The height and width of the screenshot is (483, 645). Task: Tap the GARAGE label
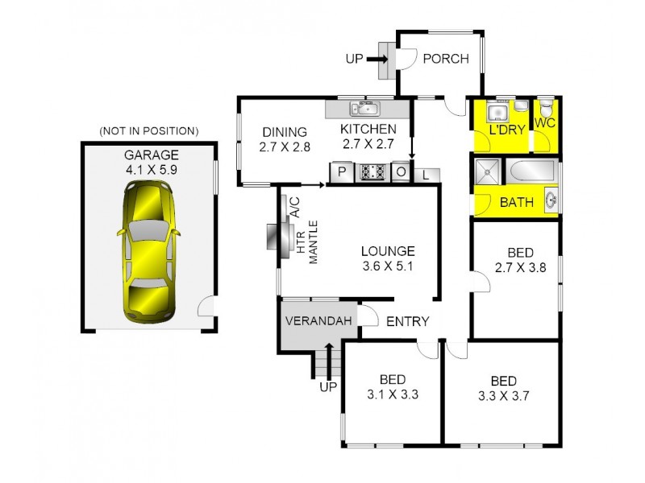pos(151,155)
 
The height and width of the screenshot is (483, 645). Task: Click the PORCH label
pos(446,59)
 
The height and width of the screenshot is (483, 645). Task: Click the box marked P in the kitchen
pos(340,171)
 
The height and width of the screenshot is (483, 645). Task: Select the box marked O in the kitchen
pos(401,171)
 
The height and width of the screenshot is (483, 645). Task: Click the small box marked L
pos(426,174)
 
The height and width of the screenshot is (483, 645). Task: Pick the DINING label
pos(285,132)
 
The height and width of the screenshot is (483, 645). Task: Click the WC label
pos(545,123)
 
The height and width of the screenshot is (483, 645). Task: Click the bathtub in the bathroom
pos(531,171)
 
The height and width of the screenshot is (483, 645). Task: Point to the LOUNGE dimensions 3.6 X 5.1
pos(387,266)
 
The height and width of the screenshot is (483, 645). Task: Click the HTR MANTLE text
pos(307,241)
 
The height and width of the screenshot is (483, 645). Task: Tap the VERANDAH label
pos(319,321)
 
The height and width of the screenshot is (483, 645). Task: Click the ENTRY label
pos(408,321)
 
